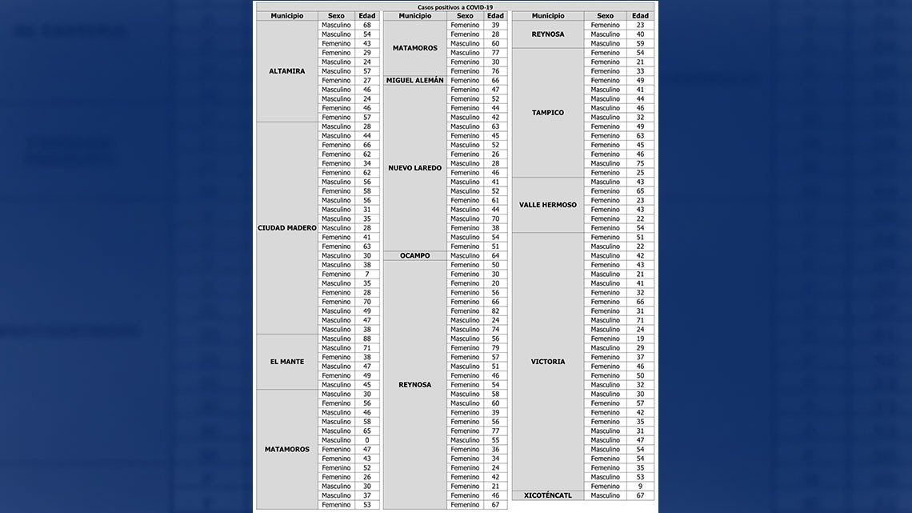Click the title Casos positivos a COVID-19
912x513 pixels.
coord(454,6)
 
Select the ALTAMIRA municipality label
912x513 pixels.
coord(286,71)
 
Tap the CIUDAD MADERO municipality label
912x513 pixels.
coord(286,228)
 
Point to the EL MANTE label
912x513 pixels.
coord(286,362)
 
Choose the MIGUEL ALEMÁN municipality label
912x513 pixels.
coord(414,81)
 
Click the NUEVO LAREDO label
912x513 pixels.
coord(414,168)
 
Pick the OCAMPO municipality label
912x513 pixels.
coord(414,256)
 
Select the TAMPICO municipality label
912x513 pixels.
coord(547,113)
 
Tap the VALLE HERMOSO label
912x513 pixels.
coord(547,205)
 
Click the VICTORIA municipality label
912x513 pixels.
coord(547,362)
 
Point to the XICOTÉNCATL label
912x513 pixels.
coord(547,495)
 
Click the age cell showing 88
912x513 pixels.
coord(366,339)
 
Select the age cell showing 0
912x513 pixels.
coord(366,440)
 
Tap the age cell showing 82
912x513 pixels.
coord(495,311)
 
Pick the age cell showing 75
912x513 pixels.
coord(640,163)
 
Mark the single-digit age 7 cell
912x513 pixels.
coord(366,275)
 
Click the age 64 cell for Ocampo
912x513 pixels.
coord(495,256)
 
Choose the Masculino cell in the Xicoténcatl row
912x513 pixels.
coord(605,495)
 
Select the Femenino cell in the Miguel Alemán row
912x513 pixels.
coord(465,81)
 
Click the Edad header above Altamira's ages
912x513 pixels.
coord(366,16)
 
